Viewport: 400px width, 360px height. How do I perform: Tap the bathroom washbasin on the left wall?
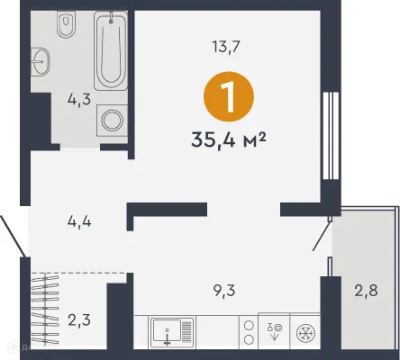(41, 63)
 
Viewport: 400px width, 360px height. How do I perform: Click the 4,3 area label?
(78, 100)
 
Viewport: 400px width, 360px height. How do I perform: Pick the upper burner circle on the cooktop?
(247, 325)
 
